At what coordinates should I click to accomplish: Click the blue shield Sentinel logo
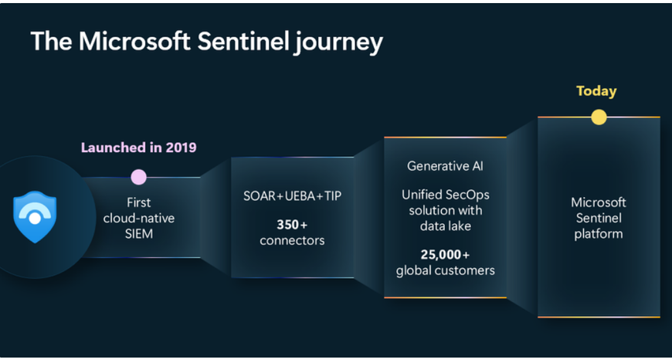point(35,217)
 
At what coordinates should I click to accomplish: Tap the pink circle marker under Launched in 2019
point(138,177)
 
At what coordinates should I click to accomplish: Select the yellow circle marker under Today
point(599,117)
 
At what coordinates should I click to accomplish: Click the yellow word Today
point(596,91)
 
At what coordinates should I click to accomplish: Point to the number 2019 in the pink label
point(180,148)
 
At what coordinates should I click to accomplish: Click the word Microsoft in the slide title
point(134,42)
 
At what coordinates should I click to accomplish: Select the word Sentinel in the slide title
point(242,42)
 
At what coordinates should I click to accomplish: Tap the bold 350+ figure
point(292,225)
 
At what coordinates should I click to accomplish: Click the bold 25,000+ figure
point(445,255)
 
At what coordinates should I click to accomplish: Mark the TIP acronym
point(333,196)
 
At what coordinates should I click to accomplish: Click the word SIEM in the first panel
point(139,234)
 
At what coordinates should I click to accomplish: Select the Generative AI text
point(445,166)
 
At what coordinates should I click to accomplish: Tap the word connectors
point(292,240)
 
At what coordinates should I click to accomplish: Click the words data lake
point(445,226)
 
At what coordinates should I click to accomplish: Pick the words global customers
point(445,271)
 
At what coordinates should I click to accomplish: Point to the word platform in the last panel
point(599,234)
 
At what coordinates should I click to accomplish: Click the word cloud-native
point(139,218)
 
